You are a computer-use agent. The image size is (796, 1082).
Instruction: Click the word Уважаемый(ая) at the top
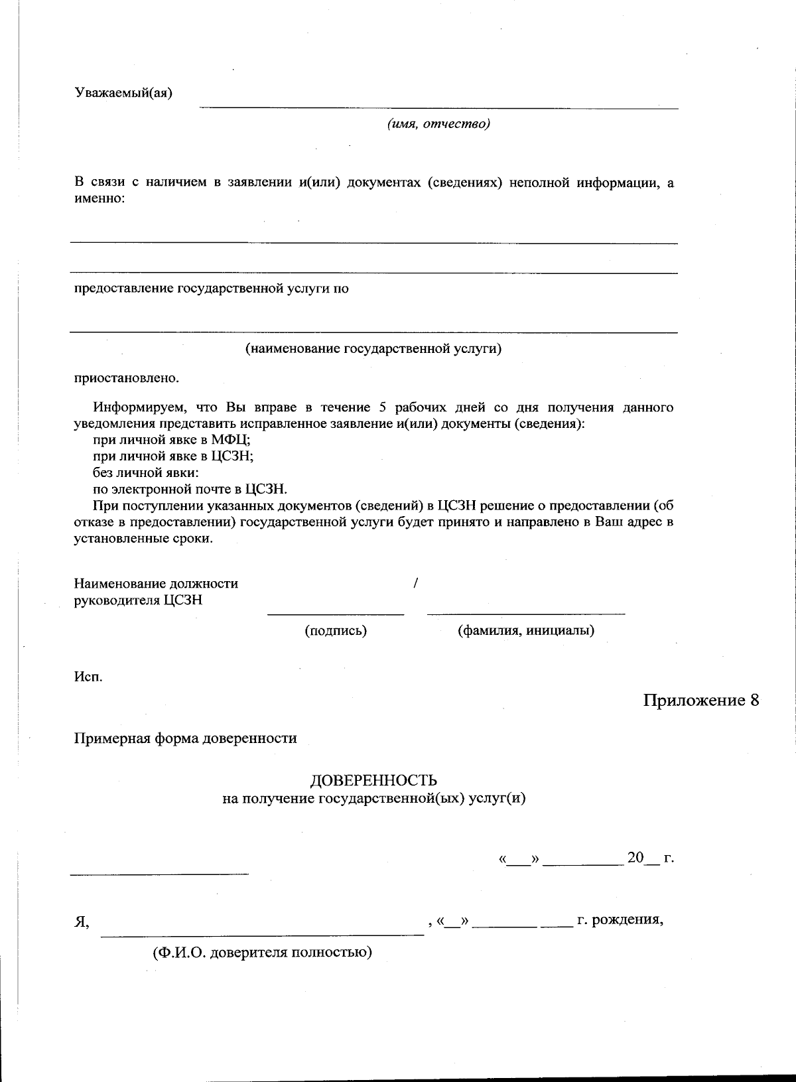[123, 92]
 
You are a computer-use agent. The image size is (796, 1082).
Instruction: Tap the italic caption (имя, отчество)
[438, 124]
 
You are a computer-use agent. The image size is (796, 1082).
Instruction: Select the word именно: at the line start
[99, 198]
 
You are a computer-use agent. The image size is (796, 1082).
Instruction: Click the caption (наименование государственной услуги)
[373, 348]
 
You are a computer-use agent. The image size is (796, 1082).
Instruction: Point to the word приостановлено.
[126, 378]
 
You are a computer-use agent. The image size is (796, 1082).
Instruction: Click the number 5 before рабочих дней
[383, 407]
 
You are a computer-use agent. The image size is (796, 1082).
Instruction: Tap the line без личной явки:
[146, 473]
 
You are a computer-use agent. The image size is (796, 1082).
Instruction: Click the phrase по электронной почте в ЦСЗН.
[190, 490]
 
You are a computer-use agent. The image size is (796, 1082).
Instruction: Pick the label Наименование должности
[156, 584]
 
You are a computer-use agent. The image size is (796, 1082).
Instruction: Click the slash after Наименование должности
[415, 584]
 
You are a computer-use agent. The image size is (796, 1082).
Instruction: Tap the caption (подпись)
[336, 631]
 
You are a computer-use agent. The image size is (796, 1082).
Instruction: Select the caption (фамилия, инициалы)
[525, 631]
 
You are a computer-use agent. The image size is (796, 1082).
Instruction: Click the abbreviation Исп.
[88, 677]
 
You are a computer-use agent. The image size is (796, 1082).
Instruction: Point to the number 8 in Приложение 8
[754, 701]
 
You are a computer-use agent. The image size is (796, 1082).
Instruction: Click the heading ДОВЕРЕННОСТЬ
[374, 781]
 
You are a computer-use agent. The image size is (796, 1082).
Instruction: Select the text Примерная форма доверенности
[185, 738]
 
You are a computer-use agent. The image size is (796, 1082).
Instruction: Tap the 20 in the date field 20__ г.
[635, 857]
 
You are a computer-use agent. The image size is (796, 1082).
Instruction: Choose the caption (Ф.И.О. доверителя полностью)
[262, 953]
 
